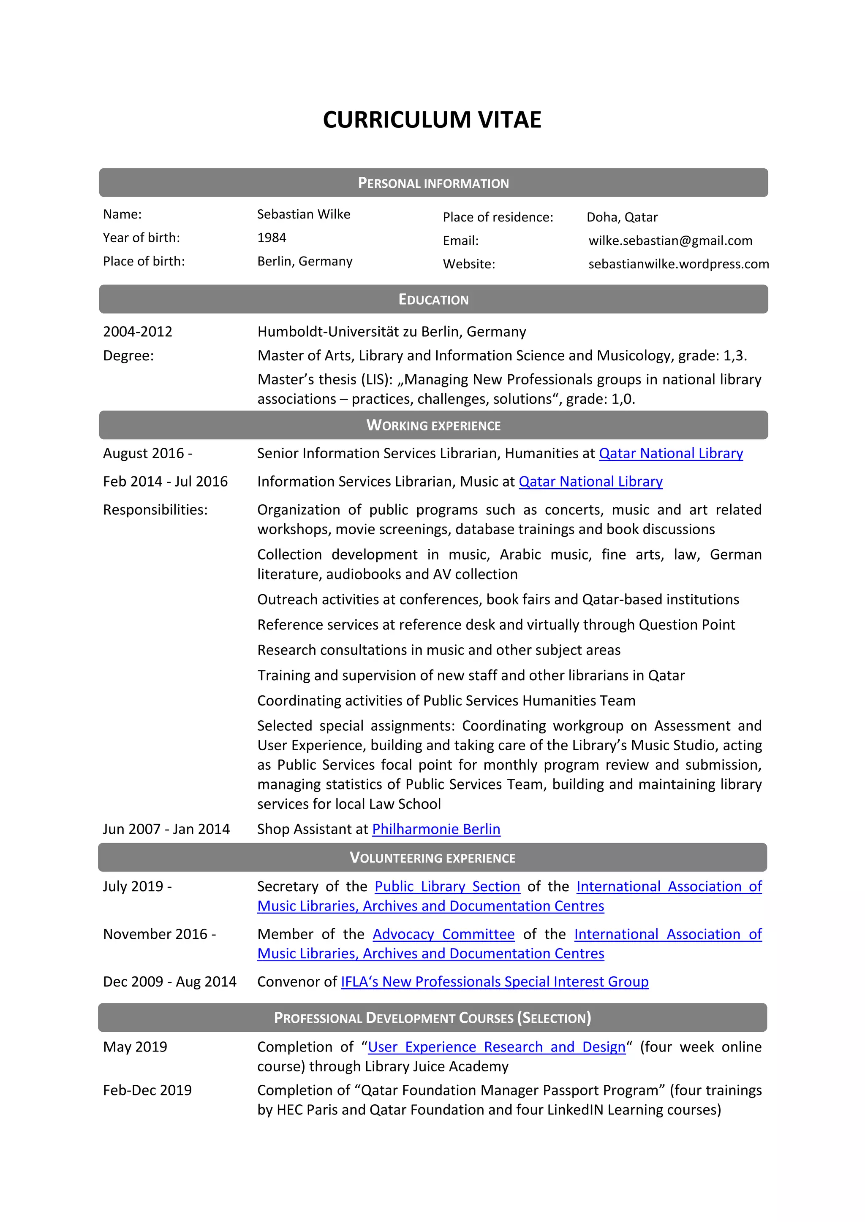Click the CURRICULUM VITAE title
pyautogui.click(x=432, y=120)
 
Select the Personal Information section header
pyautogui.click(x=433, y=183)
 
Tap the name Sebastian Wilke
pyautogui.click(x=304, y=214)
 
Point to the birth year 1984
pyautogui.click(x=272, y=238)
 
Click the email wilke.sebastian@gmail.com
pyautogui.click(x=670, y=241)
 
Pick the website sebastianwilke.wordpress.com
pyautogui.click(x=678, y=265)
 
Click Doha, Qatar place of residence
pyautogui.click(x=622, y=217)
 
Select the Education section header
pyautogui.click(x=433, y=300)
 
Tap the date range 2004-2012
pyautogui.click(x=137, y=332)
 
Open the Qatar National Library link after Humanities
pyautogui.click(x=671, y=454)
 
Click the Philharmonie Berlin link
pyautogui.click(x=436, y=829)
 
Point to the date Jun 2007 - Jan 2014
pyautogui.click(x=166, y=829)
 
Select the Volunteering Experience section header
pyautogui.click(x=432, y=858)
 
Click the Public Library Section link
pyautogui.click(x=447, y=887)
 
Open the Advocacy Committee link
pyautogui.click(x=443, y=934)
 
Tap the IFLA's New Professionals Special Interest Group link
pyautogui.click(x=494, y=981)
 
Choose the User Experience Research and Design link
pyautogui.click(x=496, y=1047)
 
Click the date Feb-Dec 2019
pyautogui.click(x=147, y=1090)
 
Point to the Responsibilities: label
pyautogui.click(x=155, y=510)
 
